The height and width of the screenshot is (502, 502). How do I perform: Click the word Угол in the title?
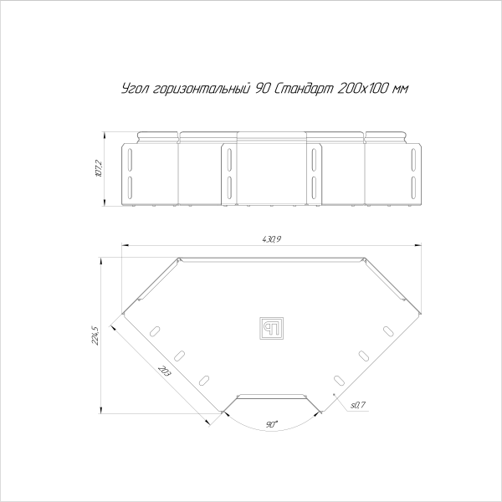coord(135,89)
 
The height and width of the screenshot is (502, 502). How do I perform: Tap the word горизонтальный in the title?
coord(201,89)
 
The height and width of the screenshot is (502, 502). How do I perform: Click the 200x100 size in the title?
coord(363,88)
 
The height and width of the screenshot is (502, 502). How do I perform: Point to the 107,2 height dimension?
coord(99,169)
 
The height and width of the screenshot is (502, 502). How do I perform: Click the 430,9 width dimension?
coord(271,239)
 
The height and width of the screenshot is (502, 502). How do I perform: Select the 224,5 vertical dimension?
coord(95,336)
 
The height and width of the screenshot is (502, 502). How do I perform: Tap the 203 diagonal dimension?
coord(165,371)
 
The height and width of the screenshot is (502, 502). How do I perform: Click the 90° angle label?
coord(271,424)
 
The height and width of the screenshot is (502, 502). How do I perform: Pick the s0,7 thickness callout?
coord(358,405)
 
